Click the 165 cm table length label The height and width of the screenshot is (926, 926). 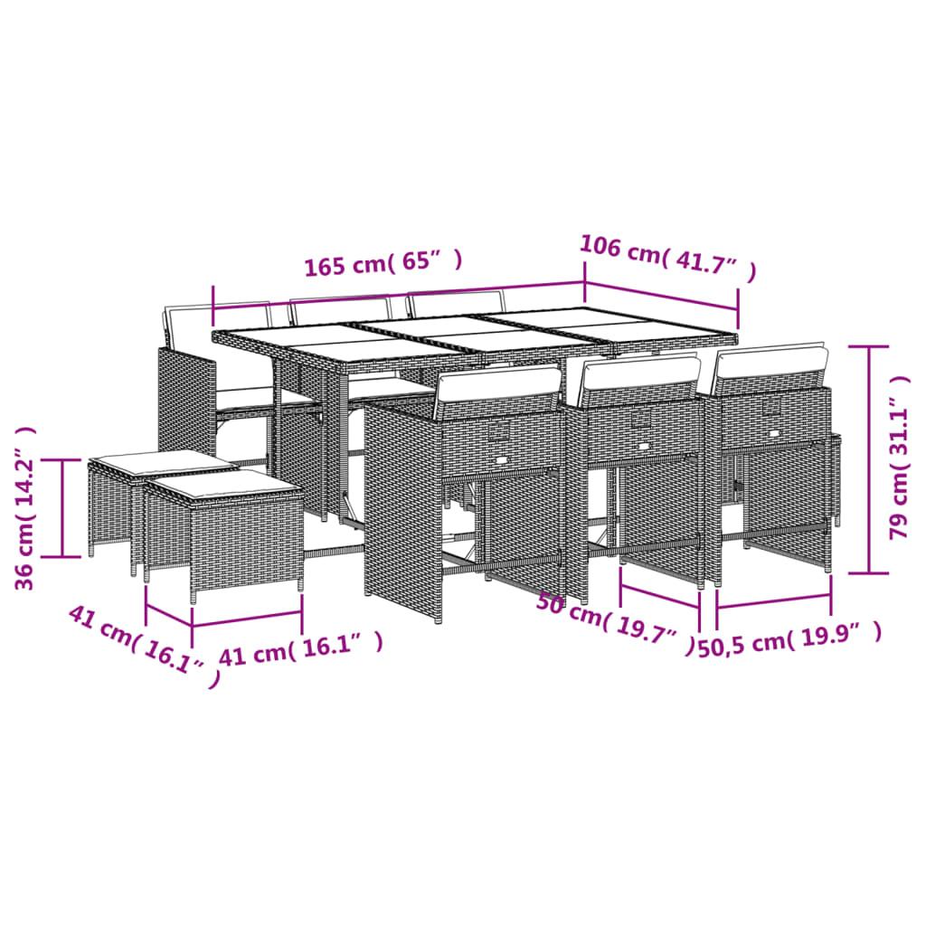(x=383, y=265)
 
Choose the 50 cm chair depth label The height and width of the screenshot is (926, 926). (x=614, y=619)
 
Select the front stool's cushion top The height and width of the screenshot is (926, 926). (x=222, y=488)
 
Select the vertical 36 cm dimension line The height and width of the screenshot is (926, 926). (x=62, y=507)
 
